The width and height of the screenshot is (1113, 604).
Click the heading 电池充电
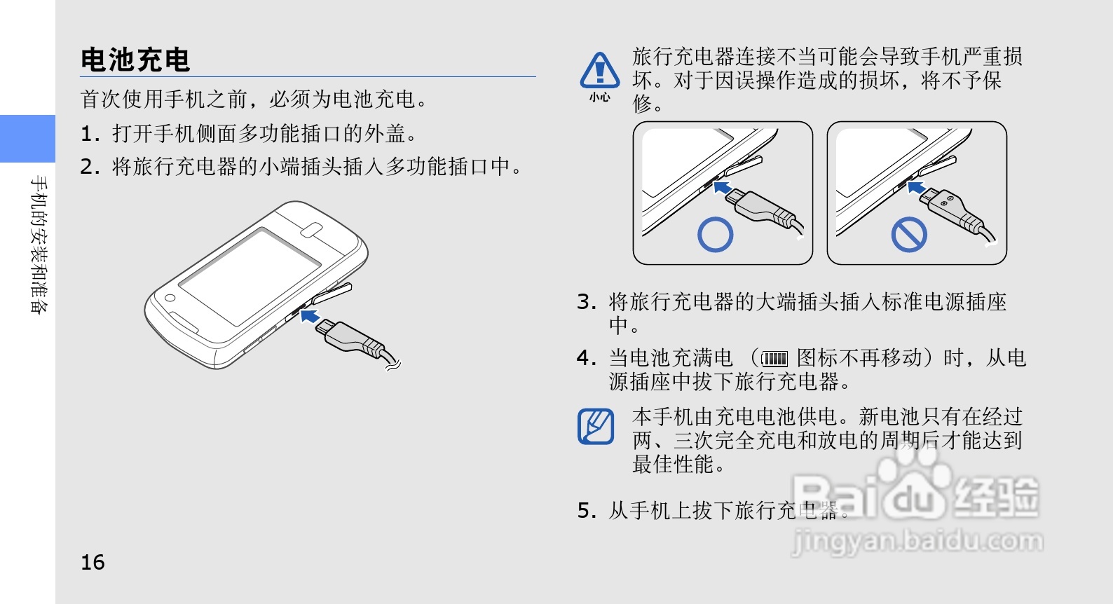(x=135, y=60)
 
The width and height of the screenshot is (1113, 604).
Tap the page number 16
(x=93, y=562)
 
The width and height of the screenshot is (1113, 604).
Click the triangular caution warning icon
(x=600, y=71)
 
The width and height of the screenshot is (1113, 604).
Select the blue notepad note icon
(x=596, y=426)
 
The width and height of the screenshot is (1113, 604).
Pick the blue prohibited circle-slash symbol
(x=909, y=235)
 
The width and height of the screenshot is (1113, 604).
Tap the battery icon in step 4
(x=774, y=359)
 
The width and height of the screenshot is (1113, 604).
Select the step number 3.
(x=587, y=302)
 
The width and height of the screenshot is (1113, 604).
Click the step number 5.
(x=587, y=511)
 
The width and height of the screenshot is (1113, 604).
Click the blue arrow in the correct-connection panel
(x=722, y=188)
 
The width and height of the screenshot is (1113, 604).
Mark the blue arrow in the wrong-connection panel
(x=916, y=188)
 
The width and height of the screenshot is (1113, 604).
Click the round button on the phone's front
(x=170, y=298)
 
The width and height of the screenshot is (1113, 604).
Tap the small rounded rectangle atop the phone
(x=311, y=231)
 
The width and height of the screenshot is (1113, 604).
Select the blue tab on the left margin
(x=28, y=139)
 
